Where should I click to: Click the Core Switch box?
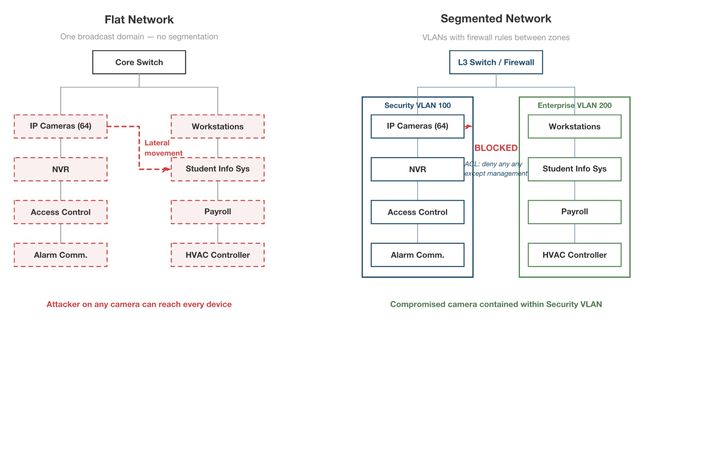click(139, 62)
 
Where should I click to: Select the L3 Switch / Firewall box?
click(495, 62)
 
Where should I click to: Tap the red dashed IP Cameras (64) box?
click(60, 126)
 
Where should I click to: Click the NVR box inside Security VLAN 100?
click(417, 169)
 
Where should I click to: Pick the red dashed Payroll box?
click(218, 212)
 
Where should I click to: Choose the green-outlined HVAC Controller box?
click(574, 255)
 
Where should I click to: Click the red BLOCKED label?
click(495, 148)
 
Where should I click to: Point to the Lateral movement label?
click(163, 148)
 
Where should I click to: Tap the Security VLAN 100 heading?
click(417, 105)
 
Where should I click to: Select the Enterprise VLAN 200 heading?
click(574, 105)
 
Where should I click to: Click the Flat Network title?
click(139, 19)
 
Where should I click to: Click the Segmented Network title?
click(495, 19)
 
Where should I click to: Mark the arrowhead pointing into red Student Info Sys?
click(167, 169)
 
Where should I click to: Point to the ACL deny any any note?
click(495, 169)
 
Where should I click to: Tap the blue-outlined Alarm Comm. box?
click(417, 255)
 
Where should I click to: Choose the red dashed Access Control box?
click(60, 212)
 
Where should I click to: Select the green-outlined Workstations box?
click(574, 126)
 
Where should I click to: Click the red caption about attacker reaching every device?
click(139, 304)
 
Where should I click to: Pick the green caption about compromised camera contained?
click(495, 304)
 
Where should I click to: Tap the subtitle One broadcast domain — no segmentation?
click(139, 37)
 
